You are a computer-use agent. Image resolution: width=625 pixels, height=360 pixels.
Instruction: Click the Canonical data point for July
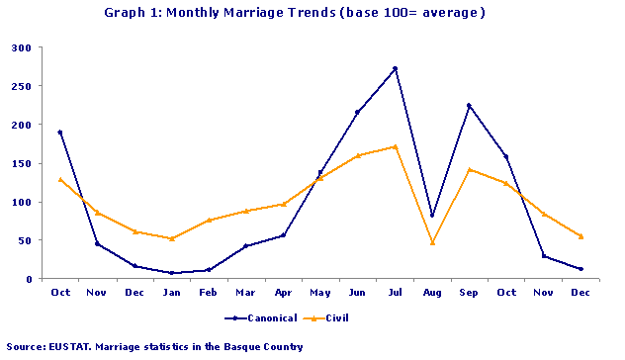click(x=395, y=68)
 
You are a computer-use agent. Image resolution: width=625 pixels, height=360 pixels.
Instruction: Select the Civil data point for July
click(x=395, y=146)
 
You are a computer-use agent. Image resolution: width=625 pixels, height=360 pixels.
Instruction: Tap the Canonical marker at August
click(x=432, y=215)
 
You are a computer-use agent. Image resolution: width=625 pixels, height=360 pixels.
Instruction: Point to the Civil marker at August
click(x=432, y=242)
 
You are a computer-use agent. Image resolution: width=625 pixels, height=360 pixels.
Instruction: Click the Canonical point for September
click(x=469, y=105)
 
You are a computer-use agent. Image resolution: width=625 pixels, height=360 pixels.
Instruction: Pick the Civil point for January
click(x=172, y=238)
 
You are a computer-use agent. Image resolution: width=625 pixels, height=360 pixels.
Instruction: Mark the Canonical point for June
click(x=357, y=112)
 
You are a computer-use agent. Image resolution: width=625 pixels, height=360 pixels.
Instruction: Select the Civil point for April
click(x=283, y=204)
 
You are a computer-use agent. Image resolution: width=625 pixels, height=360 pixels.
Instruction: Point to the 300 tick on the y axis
click(x=21, y=47)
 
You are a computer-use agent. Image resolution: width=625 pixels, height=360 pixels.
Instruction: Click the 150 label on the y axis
click(x=21, y=163)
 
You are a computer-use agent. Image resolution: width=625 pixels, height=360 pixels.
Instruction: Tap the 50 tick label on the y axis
click(x=24, y=240)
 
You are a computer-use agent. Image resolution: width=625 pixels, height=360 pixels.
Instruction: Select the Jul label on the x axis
click(x=395, y=293)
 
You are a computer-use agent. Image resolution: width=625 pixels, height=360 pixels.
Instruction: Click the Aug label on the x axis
click(x=432, y=293)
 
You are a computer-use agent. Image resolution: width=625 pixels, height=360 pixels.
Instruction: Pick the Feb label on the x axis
click(x=209, y=293)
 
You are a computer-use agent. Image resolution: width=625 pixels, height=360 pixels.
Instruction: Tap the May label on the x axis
click(x=320, y=293)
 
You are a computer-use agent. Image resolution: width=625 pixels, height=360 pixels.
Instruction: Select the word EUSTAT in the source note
click(x=71, y=347)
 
